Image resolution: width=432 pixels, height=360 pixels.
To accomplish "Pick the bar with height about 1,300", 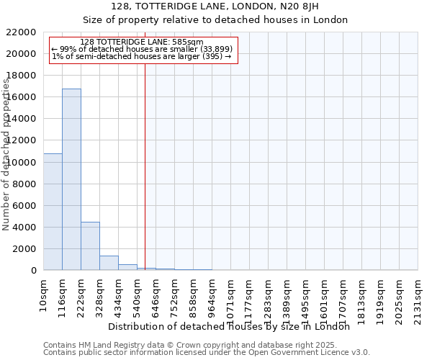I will point(109,263).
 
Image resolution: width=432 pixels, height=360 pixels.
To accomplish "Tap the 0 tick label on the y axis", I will point(33,271).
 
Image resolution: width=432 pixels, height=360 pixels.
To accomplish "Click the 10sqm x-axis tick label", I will point(44,294).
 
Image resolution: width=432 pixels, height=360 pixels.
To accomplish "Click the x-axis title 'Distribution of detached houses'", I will point(229,326).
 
